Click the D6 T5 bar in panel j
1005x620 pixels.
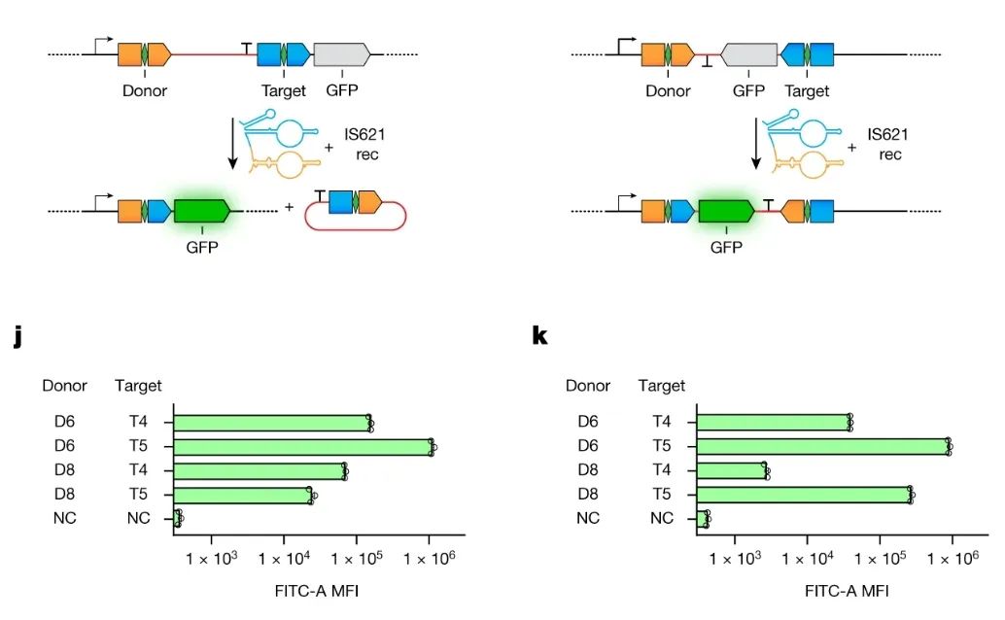(x=303, y=447)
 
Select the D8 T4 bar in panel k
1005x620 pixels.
(x=732, y=470)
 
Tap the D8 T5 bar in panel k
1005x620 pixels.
(x=804, y=495)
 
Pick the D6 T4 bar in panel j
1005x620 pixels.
(x=272, y=423)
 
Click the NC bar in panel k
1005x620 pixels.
(x=702, y=518)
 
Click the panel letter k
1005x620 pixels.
(x=540, y=336)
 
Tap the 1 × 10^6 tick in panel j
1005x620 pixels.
(x=431, y=559)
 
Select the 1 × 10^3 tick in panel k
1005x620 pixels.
(x=735, y=559)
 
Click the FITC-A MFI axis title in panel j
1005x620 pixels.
(x=317, y=590)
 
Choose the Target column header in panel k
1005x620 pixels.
(x=662, y=386)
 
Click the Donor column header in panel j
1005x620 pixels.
(x=64, y=386)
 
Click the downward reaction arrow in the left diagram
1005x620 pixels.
(x=232, y=142)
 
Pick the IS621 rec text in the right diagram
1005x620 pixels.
(x=885, y=145)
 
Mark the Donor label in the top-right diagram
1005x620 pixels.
(x=668, y=91)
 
